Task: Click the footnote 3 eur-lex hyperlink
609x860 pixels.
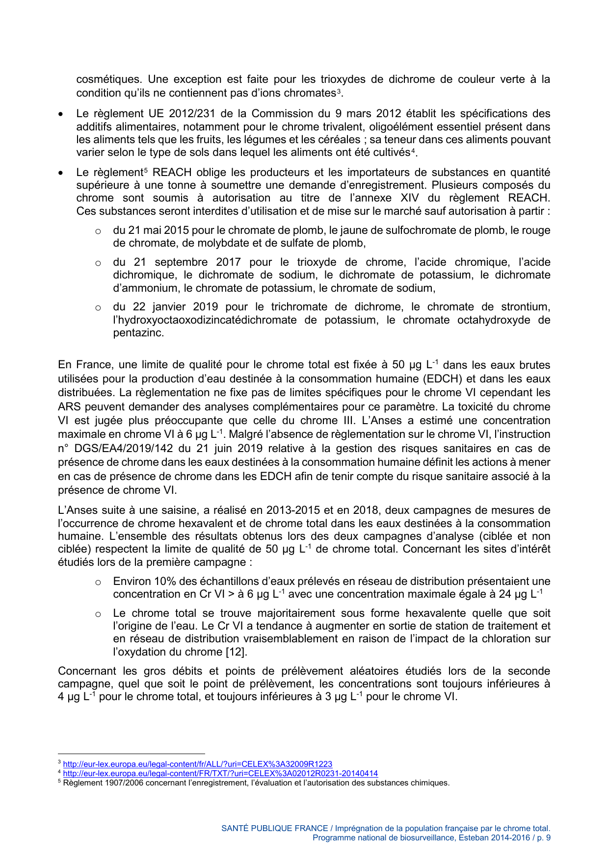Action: (197, 764)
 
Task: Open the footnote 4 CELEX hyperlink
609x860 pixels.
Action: (220, 773)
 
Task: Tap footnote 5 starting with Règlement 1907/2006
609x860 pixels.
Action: (255, 783)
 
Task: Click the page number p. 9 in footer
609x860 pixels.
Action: (543, 838)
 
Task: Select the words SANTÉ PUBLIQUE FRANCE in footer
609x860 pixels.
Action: (274, 828)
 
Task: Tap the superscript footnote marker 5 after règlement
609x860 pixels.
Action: (146, 171)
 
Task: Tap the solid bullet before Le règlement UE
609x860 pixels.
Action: (60, 114)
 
